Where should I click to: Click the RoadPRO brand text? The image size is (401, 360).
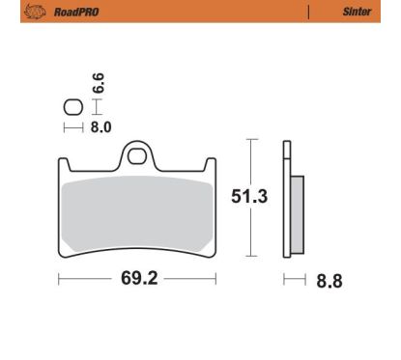click(76, 13)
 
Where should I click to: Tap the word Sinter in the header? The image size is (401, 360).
click(357, 12)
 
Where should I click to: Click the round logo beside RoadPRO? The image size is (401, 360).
click(35, 12)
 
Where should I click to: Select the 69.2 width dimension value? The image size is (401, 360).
click(139, 278)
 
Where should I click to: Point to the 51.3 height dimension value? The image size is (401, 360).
click(249, 196)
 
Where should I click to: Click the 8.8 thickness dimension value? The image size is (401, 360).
click(329, 281)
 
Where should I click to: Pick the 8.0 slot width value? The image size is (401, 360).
click(100, 127)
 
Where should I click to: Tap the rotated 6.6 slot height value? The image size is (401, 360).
click(99, 83)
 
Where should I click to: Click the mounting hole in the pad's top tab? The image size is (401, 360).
click(136, 156)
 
